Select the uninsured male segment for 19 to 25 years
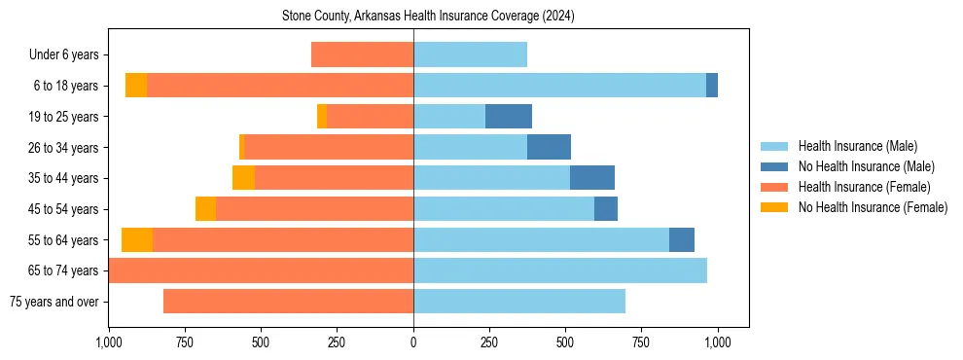(x=509, y=117)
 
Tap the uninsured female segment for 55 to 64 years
(x=137, y=239)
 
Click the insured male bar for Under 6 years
(x=470, y=55)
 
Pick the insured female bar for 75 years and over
(x=288, y=302)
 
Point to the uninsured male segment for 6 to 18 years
(x=712, y=86)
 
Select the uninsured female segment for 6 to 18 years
(x=136, y=86)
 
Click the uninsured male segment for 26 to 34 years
(x=549, y=147)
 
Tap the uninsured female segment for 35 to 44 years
(x=243, y=178)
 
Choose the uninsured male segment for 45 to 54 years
(x=606, y=208)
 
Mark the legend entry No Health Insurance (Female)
(x=873, y=207)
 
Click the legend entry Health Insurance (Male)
(x=857, y=146)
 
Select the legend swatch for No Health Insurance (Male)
(x=774, y=166)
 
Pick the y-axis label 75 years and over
(x=53, y=302)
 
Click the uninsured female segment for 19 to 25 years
(x=322, y=117)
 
